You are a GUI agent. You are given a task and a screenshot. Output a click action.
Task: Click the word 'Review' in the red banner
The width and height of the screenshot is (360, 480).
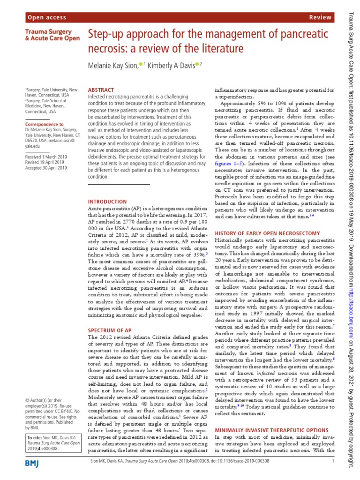pos(321,17)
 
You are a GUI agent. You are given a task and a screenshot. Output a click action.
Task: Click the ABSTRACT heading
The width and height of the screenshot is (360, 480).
pos(101,90)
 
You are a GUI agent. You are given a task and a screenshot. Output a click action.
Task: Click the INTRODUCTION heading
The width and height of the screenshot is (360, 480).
pos(107,202)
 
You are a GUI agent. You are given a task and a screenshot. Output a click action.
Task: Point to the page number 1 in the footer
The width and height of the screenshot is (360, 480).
pos(332,461)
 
